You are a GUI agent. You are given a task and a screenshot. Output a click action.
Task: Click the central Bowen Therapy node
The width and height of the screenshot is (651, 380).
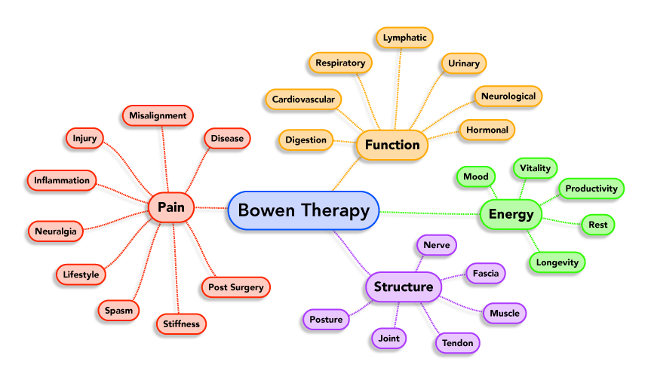[x=303, y=210]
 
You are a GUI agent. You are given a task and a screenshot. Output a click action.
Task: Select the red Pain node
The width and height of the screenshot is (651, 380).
[x=171, y=207]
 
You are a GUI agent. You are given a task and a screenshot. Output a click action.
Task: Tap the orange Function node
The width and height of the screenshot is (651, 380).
[x=392, y=145]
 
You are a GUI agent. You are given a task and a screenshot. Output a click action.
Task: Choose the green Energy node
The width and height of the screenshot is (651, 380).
[x=511, y=214]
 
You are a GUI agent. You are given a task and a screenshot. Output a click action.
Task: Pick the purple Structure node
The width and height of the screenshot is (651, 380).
[x=404, y=287]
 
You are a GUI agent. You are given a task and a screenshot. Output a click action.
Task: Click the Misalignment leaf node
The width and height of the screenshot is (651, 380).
[x=158, y=115]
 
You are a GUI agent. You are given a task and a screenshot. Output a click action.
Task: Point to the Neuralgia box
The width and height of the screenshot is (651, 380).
[x=55, y=231]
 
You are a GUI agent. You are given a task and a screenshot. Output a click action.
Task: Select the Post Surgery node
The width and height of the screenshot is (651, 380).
[x=235, y=287]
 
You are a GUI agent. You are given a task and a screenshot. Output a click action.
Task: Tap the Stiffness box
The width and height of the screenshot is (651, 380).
[x=181, y=324]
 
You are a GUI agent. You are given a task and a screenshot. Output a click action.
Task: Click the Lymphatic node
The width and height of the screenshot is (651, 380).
[x=404, y=37]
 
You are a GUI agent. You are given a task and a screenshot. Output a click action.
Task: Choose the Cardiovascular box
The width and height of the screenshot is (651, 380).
[x=303, y=99]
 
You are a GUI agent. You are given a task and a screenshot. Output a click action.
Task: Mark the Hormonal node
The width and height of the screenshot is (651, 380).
[x=487, y=130]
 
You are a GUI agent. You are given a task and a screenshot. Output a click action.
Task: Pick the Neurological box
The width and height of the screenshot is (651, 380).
[x=508, y=97]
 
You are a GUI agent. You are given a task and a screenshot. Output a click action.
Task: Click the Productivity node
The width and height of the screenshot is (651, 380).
[x=591, y=188]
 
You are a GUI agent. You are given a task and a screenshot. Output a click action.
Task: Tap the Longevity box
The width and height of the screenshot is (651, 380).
[x=557, y=262]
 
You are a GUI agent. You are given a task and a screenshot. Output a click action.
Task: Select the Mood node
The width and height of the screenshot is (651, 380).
[x=475, y=177]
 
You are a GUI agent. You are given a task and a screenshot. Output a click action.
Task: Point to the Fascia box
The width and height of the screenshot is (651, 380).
[x=485, y=273]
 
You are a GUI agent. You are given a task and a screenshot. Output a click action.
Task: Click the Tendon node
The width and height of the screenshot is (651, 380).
[x=458, y=343]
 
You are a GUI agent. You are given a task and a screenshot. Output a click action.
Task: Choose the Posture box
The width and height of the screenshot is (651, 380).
[x=327, y=320]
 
